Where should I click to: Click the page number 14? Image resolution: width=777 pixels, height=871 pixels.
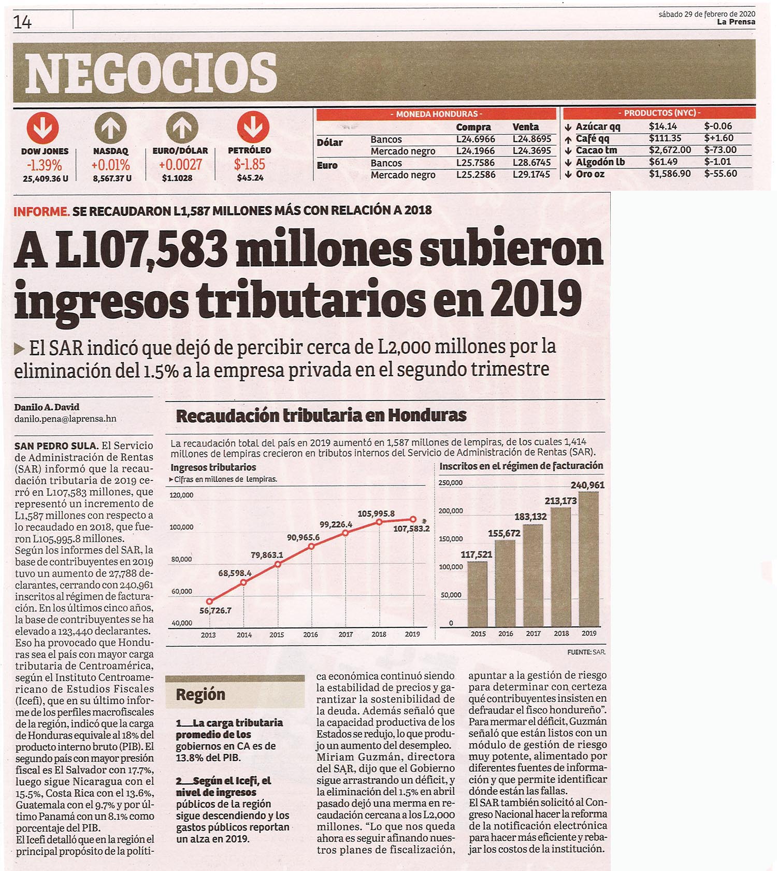coord(23,22)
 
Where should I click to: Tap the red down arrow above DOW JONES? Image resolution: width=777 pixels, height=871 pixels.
coord(42,128)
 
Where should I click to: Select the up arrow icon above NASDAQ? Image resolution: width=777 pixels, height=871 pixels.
coord(110,128)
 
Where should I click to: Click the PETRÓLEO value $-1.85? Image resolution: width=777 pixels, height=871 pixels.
coord(249,164)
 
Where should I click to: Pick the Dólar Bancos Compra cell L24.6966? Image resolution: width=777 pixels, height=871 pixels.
coord(476,139)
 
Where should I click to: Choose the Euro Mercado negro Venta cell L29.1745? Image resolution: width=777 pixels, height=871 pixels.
coord(531,175)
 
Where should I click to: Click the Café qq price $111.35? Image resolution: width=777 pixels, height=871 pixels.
coord(665,138)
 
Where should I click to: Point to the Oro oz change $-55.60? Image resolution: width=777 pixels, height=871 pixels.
coord(721,174)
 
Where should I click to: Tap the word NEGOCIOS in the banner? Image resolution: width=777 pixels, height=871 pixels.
coord(151,73)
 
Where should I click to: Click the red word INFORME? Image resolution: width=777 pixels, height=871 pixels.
coord(41,211)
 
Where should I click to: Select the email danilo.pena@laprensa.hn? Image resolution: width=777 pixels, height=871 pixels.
coord(65,419)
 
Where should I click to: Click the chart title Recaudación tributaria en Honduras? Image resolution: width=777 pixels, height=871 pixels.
coord(321,416)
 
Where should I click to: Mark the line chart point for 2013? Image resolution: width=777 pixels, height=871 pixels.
coord(209,602)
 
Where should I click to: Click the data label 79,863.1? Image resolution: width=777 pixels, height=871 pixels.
coord(267,555)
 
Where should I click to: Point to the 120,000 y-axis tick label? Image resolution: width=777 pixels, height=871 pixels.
coord(181,495)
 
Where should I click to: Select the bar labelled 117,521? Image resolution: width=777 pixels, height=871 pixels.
coord(478,594)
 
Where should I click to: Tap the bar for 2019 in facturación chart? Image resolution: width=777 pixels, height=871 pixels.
coord(588,559)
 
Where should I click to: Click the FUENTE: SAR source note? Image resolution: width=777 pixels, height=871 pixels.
coord(586,652)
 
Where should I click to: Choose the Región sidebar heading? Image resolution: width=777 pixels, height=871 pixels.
coord(200,694)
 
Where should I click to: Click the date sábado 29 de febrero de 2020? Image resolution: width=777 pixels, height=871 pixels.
coord(707,15)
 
